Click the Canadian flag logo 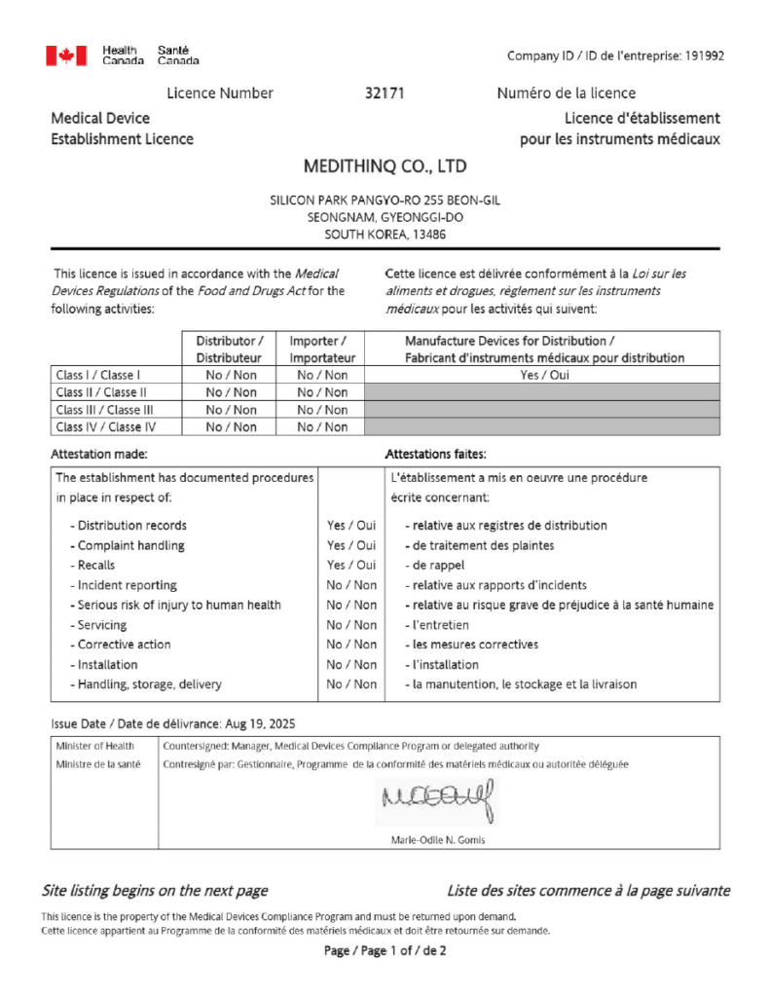66,56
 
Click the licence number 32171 384,93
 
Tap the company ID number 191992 701,55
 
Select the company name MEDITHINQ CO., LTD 385,166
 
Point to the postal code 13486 427,235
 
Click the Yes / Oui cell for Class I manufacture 542,375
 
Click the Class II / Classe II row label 101,392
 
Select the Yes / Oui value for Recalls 351,566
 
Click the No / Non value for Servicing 351,625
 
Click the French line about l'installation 442,665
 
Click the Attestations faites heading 436,455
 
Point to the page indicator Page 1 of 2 385,951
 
